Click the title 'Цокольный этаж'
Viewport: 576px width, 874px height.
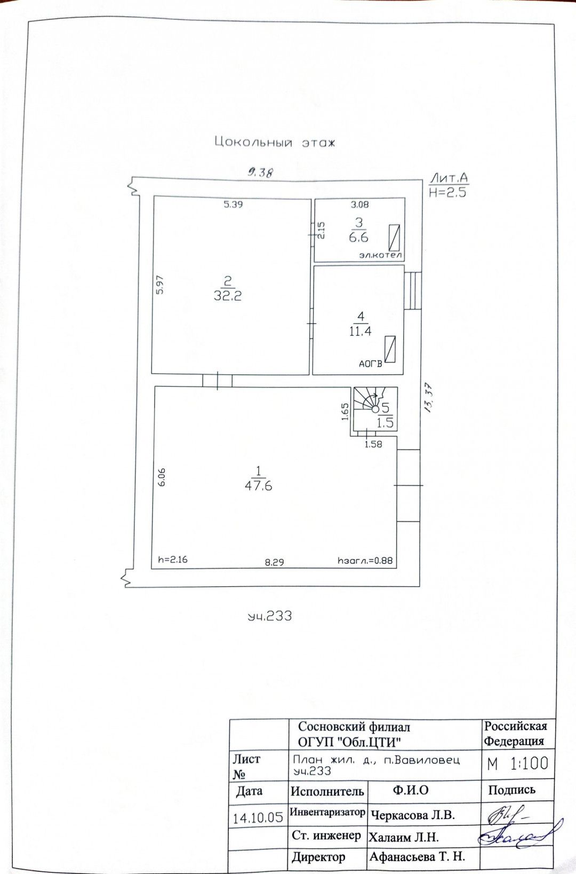pos(275,143)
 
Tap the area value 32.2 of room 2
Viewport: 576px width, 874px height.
pos(228,295)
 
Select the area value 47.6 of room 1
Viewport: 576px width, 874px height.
pos(258,486)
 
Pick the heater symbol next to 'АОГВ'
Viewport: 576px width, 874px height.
pos(390,349)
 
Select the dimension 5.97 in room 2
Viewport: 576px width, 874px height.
pos(160,285)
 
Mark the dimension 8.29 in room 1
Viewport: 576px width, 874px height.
pos(274,562)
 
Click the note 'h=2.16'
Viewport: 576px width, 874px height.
pos(173,559)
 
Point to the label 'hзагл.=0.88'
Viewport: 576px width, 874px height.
pos(365,561)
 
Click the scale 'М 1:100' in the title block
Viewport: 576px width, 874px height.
pos(517,763)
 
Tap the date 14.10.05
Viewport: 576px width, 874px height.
pos(258,817)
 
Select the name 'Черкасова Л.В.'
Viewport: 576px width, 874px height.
pos(413,815)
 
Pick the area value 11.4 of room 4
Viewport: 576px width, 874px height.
pos(360,331)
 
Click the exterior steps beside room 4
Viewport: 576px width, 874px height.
pos(413,290)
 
